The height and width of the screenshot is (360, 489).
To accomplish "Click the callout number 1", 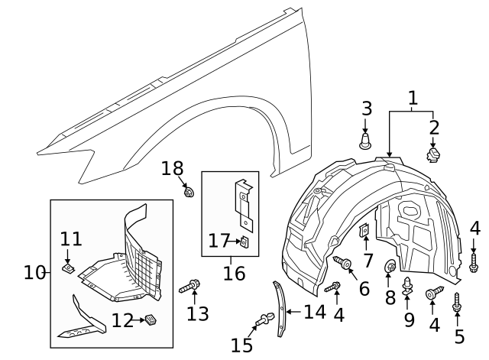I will coord(413,98).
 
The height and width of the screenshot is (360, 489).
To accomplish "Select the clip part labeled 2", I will coord(435,155).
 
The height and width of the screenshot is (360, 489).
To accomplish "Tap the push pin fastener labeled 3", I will coord(366,141).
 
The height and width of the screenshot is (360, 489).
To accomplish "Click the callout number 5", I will coord(458,337).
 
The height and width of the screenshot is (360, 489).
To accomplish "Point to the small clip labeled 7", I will coord(365,229).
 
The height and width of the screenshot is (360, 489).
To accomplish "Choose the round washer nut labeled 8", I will coord(390,267).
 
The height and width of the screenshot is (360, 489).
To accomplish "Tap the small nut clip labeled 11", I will coord(68,268).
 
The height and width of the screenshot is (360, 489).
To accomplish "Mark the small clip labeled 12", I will coord(151,319).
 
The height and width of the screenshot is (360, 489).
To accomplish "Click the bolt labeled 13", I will coord(189,288).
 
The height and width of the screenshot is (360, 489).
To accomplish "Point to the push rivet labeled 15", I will coord(264,320).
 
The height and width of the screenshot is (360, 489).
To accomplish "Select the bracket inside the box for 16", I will coord(244,203).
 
